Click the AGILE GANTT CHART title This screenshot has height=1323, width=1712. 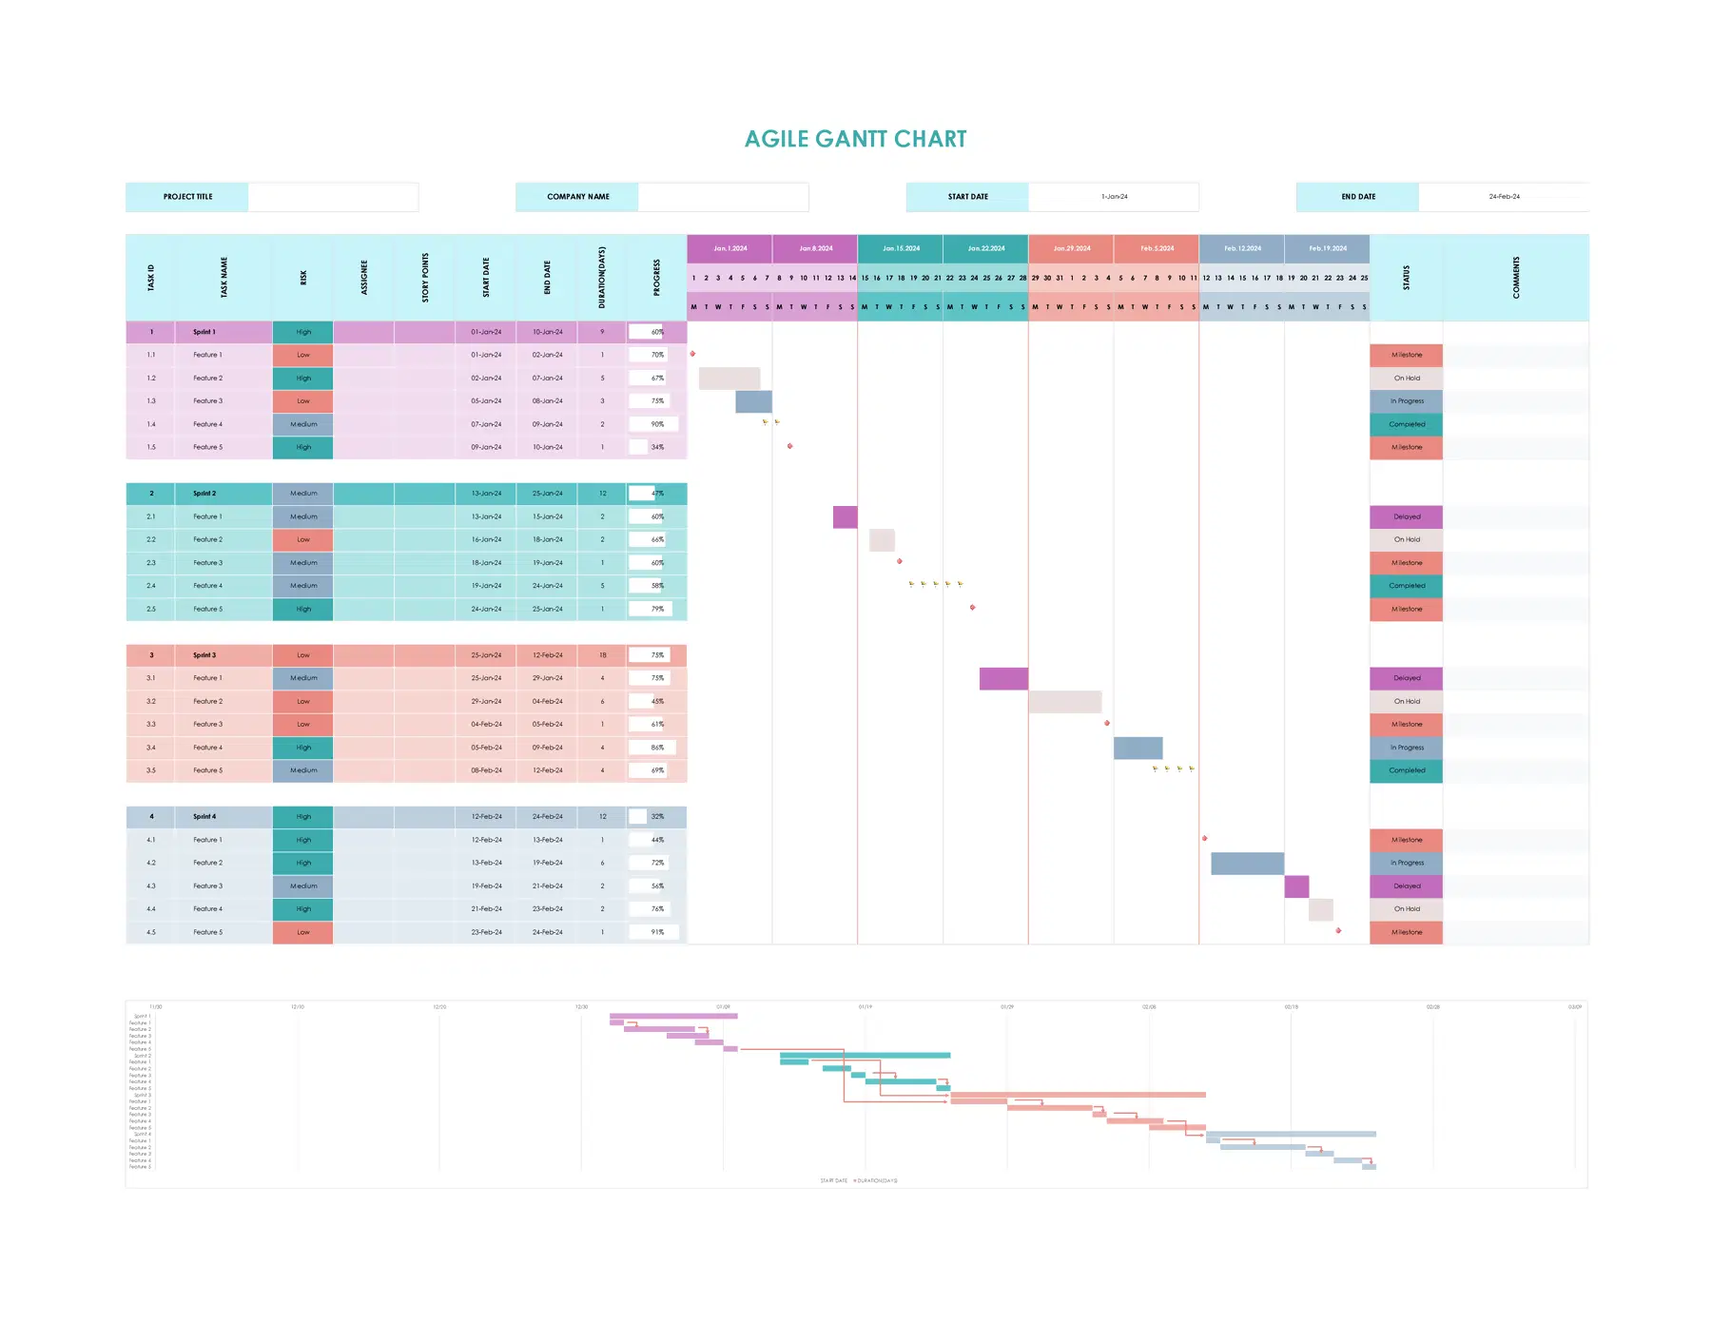(855, 139)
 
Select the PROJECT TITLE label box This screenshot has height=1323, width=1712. (187, 197)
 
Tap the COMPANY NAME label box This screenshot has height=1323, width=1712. (577, 197)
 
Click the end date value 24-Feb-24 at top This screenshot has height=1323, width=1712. (1503, 197)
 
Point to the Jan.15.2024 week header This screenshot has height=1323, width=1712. (900, 248)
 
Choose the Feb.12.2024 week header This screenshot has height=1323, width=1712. (1241, 248)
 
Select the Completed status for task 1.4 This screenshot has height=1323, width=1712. (1406, 424)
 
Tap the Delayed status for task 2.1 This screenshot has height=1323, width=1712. (1406, 516)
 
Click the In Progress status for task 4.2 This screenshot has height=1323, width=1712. (1406, 863)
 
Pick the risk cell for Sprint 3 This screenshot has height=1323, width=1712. (302, 655)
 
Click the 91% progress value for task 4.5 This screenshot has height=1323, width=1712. (657, 932)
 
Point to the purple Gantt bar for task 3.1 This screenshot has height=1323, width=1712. (1003, 678)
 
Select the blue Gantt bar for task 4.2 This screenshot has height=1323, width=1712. (1247, 863)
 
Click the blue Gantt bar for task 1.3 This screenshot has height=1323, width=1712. (753, 401)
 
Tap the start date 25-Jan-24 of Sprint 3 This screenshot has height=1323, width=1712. (486, 655)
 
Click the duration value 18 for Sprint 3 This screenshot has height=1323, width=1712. (602, 655)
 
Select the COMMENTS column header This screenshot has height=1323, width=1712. (1515, 277)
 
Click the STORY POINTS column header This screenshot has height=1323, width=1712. (425, 277)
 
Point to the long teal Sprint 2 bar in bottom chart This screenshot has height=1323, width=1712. (865, 1055)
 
